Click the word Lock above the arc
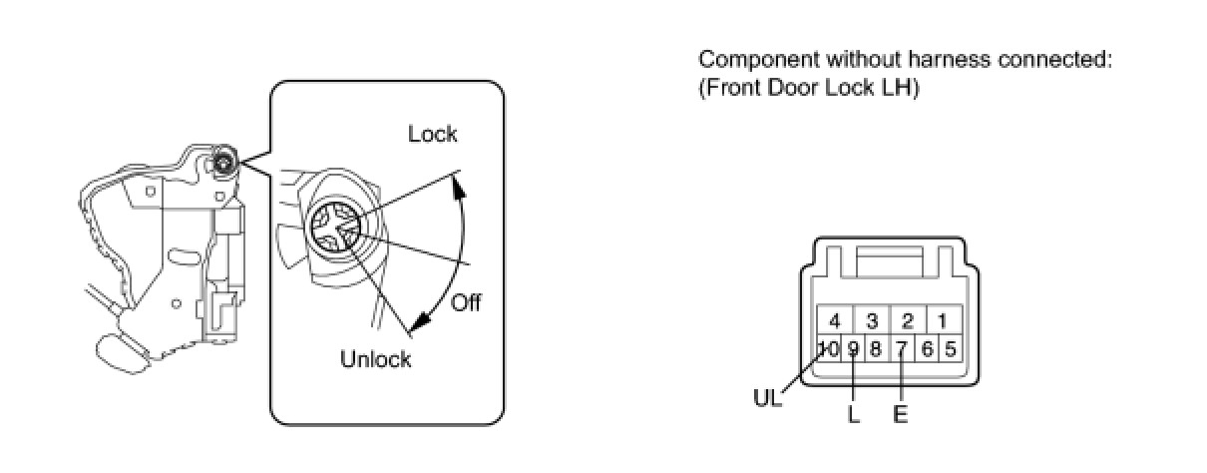(x=433, y=134)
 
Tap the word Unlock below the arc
(x=375, y=359)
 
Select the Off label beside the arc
(x=466, y=302)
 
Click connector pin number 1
(x=943, y=321)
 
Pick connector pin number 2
(x=908, y=321)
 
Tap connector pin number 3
(x=872, y=321)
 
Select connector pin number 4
(x=835, y=321)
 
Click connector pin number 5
(x=951, y=349)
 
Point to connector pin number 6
(x=927, y=349)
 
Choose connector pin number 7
(x=902, y=349)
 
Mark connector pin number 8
(x=876, y=349)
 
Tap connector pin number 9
(x=854, y=349)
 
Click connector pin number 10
(x=829, y=349)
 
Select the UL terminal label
(x=768, y=397)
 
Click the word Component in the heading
(x=750, y=61)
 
